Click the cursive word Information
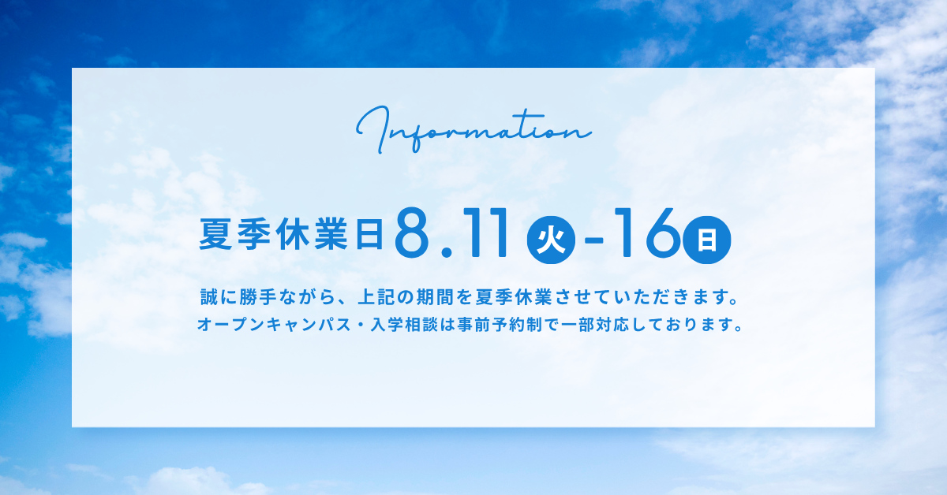tap(473, 129)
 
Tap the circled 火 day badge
tap(551, 240)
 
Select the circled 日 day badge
tap(707, 240)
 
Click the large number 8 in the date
tap(411, 233)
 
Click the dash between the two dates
tap(593, 241)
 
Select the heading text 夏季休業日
tap(291, 234)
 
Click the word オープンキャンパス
tap(275, 325)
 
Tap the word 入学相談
tap(404, 325)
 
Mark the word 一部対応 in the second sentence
tap(596, 325)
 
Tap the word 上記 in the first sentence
tap(376, 297)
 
